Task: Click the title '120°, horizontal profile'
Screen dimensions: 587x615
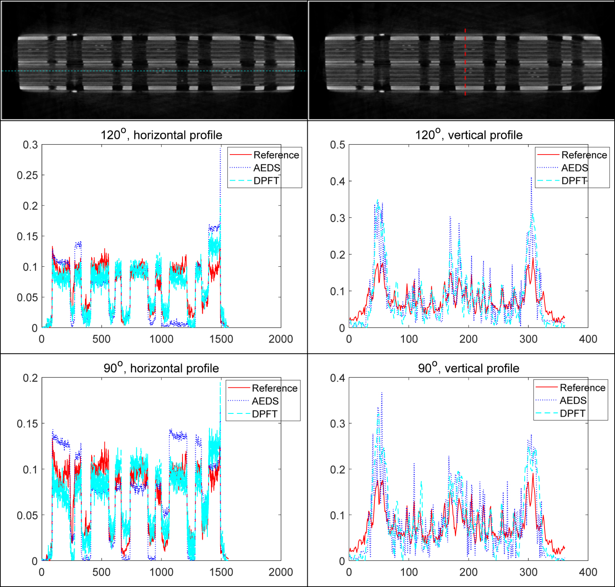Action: pyautogui.click(x=161, y=135)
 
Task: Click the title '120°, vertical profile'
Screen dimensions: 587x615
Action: pyautogui.click(x=469, y=135)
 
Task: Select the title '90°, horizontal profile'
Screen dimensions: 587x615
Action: pyautogui.click(x=161, y=368)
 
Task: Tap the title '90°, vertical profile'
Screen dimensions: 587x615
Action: pyautogui.click(x=469, y=368)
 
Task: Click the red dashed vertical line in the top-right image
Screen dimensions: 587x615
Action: pyautogui.click(x=465, y=62)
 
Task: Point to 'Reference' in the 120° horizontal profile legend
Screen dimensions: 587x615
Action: pyautogui.click(x=276, y=155)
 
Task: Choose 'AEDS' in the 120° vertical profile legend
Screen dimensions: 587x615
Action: pyautogui.click(x=574, y=168)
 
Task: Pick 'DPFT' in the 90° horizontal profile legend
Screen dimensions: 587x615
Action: pyautogui.click(x=265, y=414)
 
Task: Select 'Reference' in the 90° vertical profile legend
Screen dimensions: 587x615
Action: pyautogui.click(x=582, y=388)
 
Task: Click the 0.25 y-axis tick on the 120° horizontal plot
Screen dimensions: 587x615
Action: pyautogui.click(x=27, y=175)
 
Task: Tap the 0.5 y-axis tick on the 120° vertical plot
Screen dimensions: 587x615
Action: pyautogui.click(x=338, y=145)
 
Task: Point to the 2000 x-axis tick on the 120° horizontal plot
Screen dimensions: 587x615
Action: pyautogui.click(x=281, y=339)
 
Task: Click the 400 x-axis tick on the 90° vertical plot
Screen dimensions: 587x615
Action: pyautogui.click(x=588, y=573)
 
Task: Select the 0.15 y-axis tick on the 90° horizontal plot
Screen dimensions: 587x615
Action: pyautogui.click(x=27, y=424)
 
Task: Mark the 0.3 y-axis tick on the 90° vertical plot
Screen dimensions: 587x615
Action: pyautogui.click(x=338, y=424)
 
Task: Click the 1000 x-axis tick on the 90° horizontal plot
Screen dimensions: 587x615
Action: pyautogui.click(x=161, y=573)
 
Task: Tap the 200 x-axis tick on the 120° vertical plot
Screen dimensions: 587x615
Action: pyautogui.click(x=469, y=339)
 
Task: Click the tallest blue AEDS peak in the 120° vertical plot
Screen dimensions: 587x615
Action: pyautogui.click(x=531, y=178)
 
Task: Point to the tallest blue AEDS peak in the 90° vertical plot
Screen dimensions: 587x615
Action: pyautogui.click(x=382, y=393)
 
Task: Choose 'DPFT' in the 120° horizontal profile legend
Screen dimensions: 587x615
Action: pyautogui.click(x=266, y=181)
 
